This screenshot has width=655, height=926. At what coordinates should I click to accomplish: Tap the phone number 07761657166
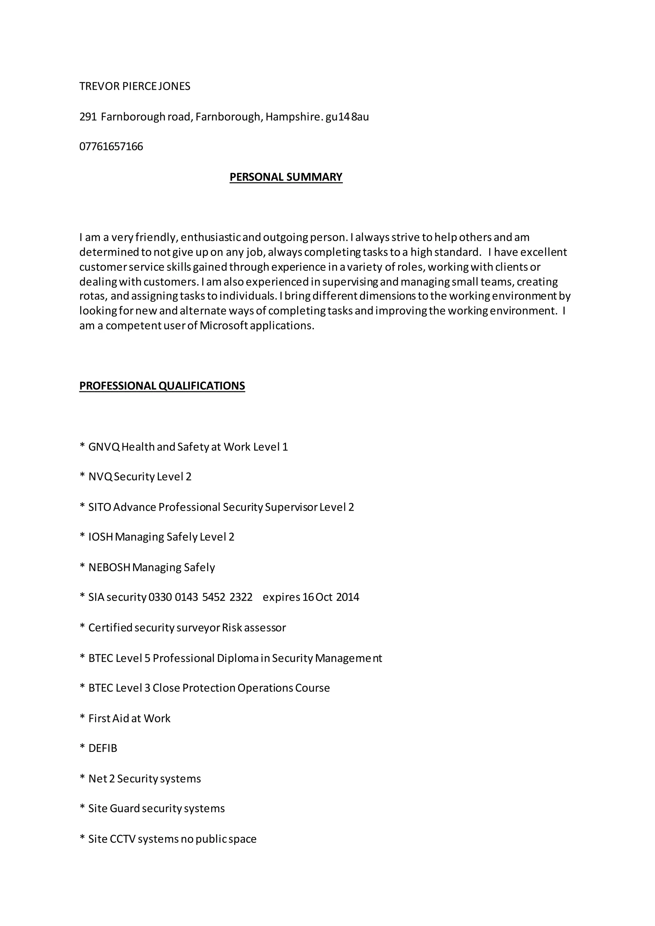tap(111, 146)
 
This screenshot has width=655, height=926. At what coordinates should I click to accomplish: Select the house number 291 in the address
tap(88, 117)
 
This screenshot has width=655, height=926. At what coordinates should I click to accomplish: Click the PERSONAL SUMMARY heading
tap(286, 177)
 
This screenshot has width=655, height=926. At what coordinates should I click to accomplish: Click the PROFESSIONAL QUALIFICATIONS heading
tap(162, 386)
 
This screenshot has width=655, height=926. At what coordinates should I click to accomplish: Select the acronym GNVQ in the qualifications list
tap(104, 447)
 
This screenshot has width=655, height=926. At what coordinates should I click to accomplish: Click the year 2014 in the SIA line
tap(347, 597)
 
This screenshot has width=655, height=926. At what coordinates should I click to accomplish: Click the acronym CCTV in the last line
tap(122, 839)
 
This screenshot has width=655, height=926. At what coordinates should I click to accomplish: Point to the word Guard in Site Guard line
tap(125, 809)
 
